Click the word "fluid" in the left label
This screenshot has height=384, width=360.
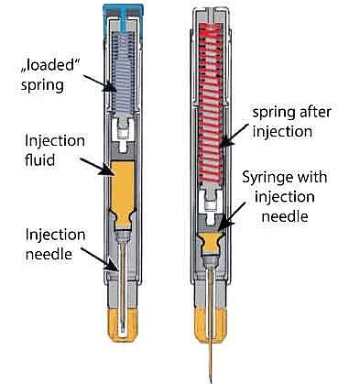tap(43, 161)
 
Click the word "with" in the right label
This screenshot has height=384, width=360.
tap(325, 177)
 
